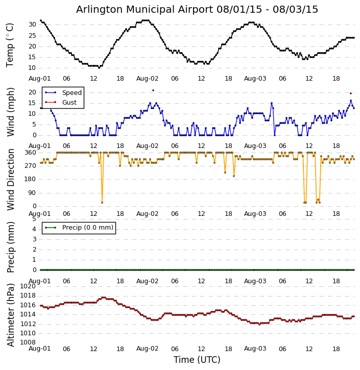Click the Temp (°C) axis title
point(10,45)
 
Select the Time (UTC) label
point(197,360)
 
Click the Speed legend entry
point(71,93)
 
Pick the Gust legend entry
point(69,103)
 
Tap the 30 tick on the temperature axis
point(32,24)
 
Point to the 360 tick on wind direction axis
point(30,153)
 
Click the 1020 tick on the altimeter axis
point(28,286)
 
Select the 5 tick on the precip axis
point(34,219)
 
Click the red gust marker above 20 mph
point(153,90)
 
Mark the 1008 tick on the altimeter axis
point(28,342)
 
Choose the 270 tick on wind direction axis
point(30,166)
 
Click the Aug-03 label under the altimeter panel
point(255,349)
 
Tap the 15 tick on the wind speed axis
point(32,103)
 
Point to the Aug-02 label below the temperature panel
point(148,79)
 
